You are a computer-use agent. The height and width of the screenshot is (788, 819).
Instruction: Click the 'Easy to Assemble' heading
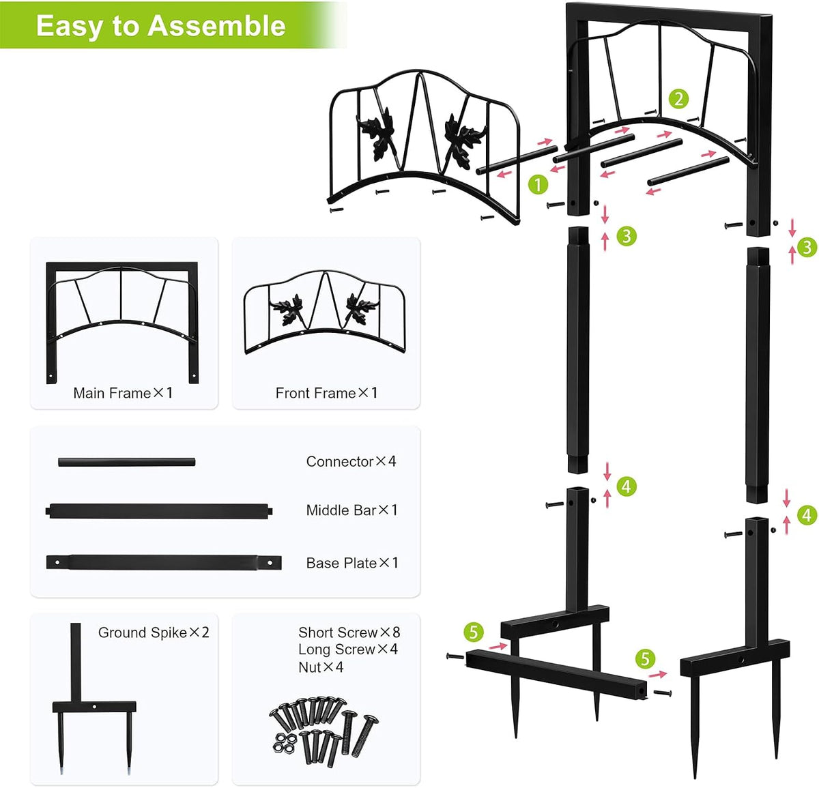click(161, 26)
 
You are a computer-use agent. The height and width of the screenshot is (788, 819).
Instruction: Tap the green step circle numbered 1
click(538, 185)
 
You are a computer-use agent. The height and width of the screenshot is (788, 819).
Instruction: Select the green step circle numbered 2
click(678, 100)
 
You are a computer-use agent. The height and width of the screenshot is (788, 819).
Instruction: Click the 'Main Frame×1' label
click(123, 393)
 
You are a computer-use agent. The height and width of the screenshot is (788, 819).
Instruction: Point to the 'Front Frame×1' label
click(326, 393)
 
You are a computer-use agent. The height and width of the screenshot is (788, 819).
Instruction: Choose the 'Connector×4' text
click(351, 461)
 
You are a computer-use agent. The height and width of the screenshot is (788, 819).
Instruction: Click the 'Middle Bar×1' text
click(352, 510)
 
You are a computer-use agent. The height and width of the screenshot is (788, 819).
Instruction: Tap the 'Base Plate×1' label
click(352, 563)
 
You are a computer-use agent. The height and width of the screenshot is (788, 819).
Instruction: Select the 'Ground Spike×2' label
click(154, 632)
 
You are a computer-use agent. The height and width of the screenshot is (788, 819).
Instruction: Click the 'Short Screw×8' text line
click(349, 632)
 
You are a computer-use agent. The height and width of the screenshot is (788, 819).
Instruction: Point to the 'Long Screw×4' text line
click(348, 650)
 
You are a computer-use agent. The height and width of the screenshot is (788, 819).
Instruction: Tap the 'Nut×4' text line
click(321, 667)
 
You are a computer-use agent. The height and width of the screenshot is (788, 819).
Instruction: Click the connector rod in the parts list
click(127, 462)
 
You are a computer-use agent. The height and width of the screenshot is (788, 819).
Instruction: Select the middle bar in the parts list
click(159, 511)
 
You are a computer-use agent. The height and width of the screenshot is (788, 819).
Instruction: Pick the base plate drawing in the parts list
click(164, 562)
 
